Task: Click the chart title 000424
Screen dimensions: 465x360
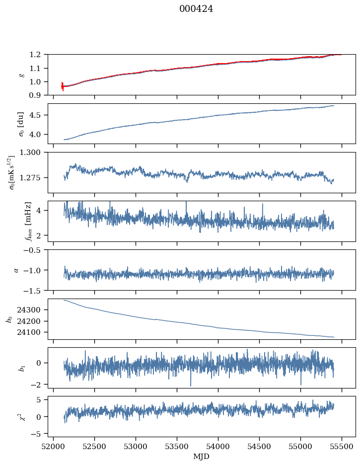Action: (196, 9)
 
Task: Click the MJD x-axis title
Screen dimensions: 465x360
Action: (202, 457)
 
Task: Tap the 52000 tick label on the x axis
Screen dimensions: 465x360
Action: (54, 447)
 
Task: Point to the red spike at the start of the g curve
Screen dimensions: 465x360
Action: (62, 86)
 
